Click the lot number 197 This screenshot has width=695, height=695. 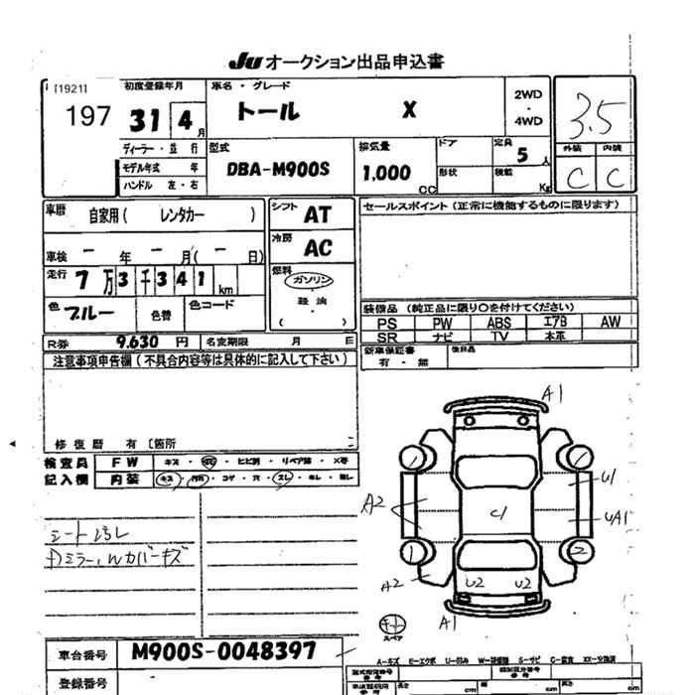point(86,117)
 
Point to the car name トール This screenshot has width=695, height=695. point(271,110)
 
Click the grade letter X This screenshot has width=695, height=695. point(408,110)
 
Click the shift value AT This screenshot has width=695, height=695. point(318,214)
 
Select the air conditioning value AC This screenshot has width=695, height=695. point(318,247)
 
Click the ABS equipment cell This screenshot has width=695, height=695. point(498,323)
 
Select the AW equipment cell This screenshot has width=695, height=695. point(609,322)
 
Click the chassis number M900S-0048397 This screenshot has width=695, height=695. point(222,652)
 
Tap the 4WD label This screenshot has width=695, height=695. point(528,121)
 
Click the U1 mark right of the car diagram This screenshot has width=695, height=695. point(609,478)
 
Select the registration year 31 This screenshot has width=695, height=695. point(144,119)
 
